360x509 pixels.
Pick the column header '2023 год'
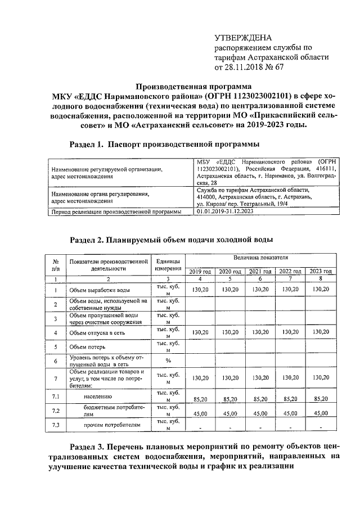tap(321, 271)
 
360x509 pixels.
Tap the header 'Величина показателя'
tap(260, 256)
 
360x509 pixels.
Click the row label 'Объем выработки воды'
tap(100, 290)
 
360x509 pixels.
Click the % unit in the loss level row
tap(168, 361)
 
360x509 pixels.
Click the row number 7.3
tap(55, 425)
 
